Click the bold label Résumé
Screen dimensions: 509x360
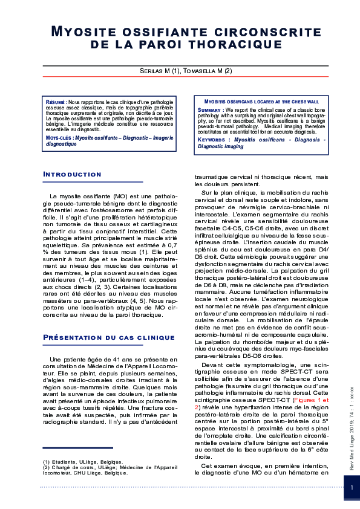click(56, 103)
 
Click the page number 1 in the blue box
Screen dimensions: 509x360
click(352, 487)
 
